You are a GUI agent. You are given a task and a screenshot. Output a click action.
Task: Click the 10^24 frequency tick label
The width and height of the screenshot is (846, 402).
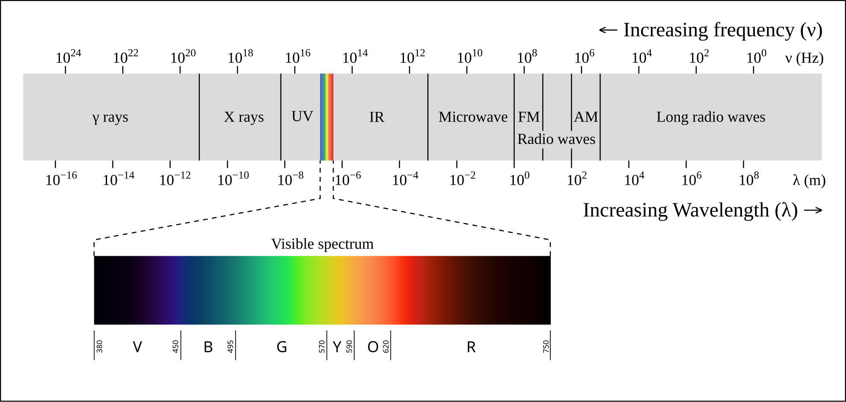coord(68,57)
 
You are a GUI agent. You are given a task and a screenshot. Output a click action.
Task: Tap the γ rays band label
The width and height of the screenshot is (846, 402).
coord(110,117)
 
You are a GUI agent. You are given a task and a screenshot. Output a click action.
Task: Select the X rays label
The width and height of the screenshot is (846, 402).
coord(244,117)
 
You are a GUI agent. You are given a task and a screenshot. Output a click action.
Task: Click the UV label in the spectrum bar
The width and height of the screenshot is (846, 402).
coord(302,116)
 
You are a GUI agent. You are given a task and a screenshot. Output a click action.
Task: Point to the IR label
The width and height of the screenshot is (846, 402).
coord(377,117)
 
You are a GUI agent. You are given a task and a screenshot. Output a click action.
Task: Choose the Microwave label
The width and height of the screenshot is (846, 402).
coord(473,117)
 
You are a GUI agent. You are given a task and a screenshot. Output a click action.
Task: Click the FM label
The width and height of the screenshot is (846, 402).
coord(529,117)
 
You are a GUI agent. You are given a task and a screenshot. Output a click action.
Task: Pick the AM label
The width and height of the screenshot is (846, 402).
coord(586,117)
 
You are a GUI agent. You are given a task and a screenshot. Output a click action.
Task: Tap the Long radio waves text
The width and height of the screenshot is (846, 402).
coord(711,117)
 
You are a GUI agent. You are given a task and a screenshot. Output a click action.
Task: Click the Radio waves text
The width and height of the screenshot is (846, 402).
coord(556,139)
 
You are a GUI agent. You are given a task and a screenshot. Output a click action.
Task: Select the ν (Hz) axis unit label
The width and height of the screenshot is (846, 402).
coord(804,58)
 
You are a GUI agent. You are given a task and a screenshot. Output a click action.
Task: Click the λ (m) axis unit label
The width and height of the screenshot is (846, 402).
coord(809,180)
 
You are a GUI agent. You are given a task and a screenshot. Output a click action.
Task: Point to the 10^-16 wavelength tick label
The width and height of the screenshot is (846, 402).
coord(61,179)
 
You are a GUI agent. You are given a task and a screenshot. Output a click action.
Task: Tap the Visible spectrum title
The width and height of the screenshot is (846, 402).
coord(322,244)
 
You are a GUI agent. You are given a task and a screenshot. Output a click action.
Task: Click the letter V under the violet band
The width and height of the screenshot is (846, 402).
coord(137,347)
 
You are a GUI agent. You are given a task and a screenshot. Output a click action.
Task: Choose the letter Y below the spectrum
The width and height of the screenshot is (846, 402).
coord(337,347)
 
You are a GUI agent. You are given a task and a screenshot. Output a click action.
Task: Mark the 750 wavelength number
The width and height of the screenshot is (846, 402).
coord(546,347)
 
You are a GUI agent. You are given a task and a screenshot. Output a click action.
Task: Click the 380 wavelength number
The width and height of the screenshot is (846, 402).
coord(100,347)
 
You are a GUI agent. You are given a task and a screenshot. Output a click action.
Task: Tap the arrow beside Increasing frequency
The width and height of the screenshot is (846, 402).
coord(608,30)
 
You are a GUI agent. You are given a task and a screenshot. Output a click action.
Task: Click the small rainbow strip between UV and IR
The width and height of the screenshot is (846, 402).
coord(327,117)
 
